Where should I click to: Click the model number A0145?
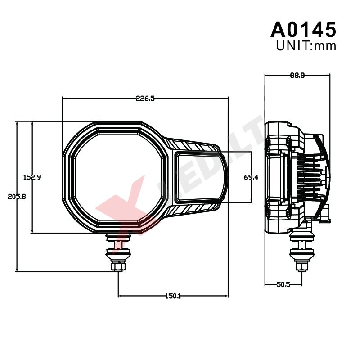pyautogui.click(x=303, y=29)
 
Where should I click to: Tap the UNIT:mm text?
pyautogui.click(x=306, y=46)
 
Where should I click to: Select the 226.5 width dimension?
pyautogui.click(x=145, y=99)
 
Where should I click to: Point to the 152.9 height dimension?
pyautogui.click(x=32, y=177)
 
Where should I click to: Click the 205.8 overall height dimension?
pyautogui.click(x=17, y=197)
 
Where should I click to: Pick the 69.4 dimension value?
pyautogui.click(x=251, y=177)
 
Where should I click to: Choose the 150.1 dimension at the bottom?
pyautogui.click(x=173, y=296)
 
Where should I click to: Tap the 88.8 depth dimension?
pyautogui.click(x=297, y=75)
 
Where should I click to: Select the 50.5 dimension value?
pyautogui.click(x=283, y=285)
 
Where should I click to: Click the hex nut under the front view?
pyautogui.click(x=118, y=266)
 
